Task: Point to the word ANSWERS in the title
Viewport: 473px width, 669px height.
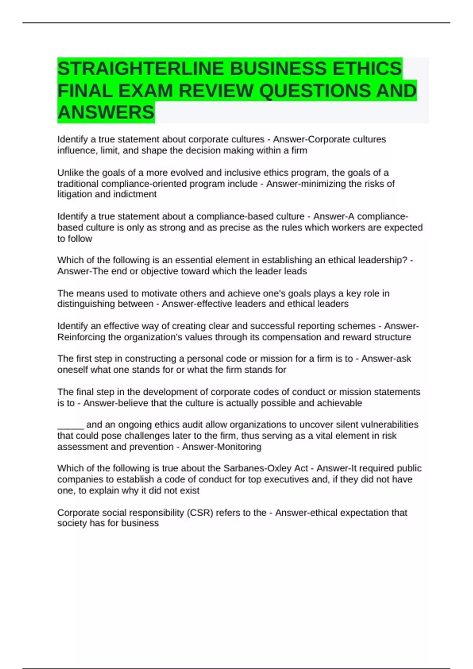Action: (106, 113)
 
